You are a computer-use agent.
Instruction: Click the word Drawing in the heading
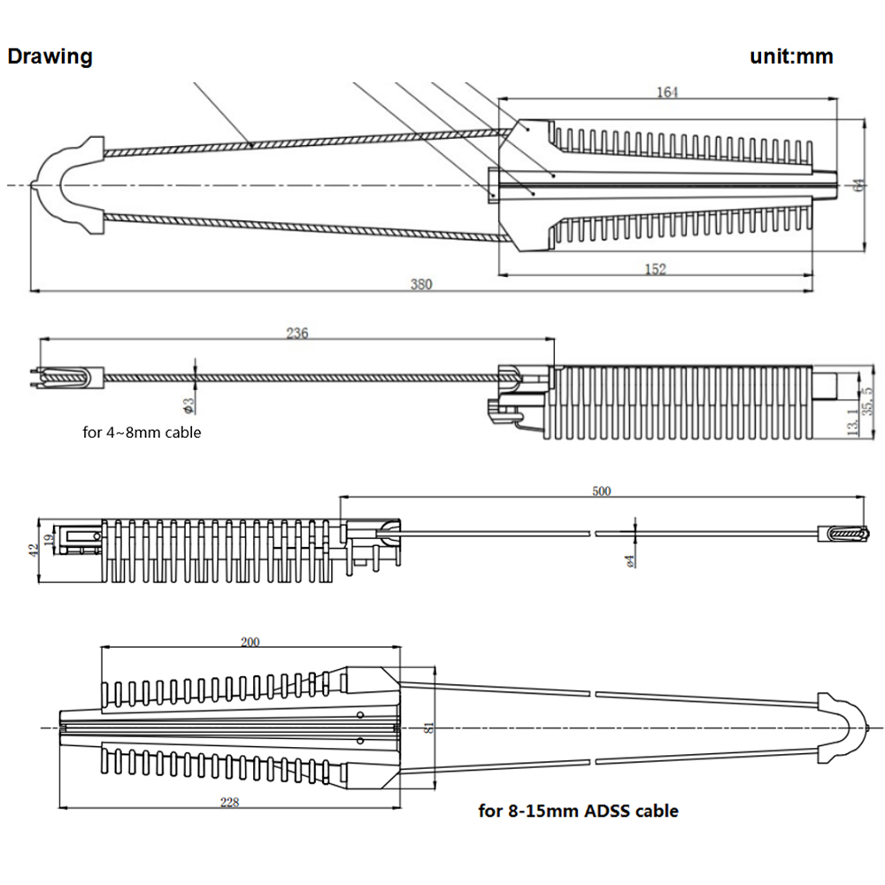pyautogui.click(x=50, y=57)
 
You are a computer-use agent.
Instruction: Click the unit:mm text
pyautogui.click(x=791, y=57)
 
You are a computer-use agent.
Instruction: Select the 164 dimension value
pyautogui.click(x=668, y=92)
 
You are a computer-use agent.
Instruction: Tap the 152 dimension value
pyautogui.click(x=655, y=269)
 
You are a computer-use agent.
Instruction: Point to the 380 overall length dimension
pyautogui.click(x=421, y=284)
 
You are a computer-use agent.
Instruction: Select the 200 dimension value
pyautogui.click(x=250, y=642)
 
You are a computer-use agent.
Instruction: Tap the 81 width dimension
pyautogui.click(x=429, y=727)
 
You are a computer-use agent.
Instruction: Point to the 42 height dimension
pyautogui.click(x=34, y=550)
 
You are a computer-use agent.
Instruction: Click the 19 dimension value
pyautogui.click(x=50, y=537)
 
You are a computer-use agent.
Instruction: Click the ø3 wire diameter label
pyautogui.click(x=189, y=404)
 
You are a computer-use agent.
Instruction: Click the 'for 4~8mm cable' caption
pyautogui.click(x=141, y=433)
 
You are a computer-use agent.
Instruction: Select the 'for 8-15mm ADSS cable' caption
pyautogui.click(x=579, y=810)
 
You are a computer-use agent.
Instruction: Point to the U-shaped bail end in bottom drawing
pyautogui.click(x=841, y=727)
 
